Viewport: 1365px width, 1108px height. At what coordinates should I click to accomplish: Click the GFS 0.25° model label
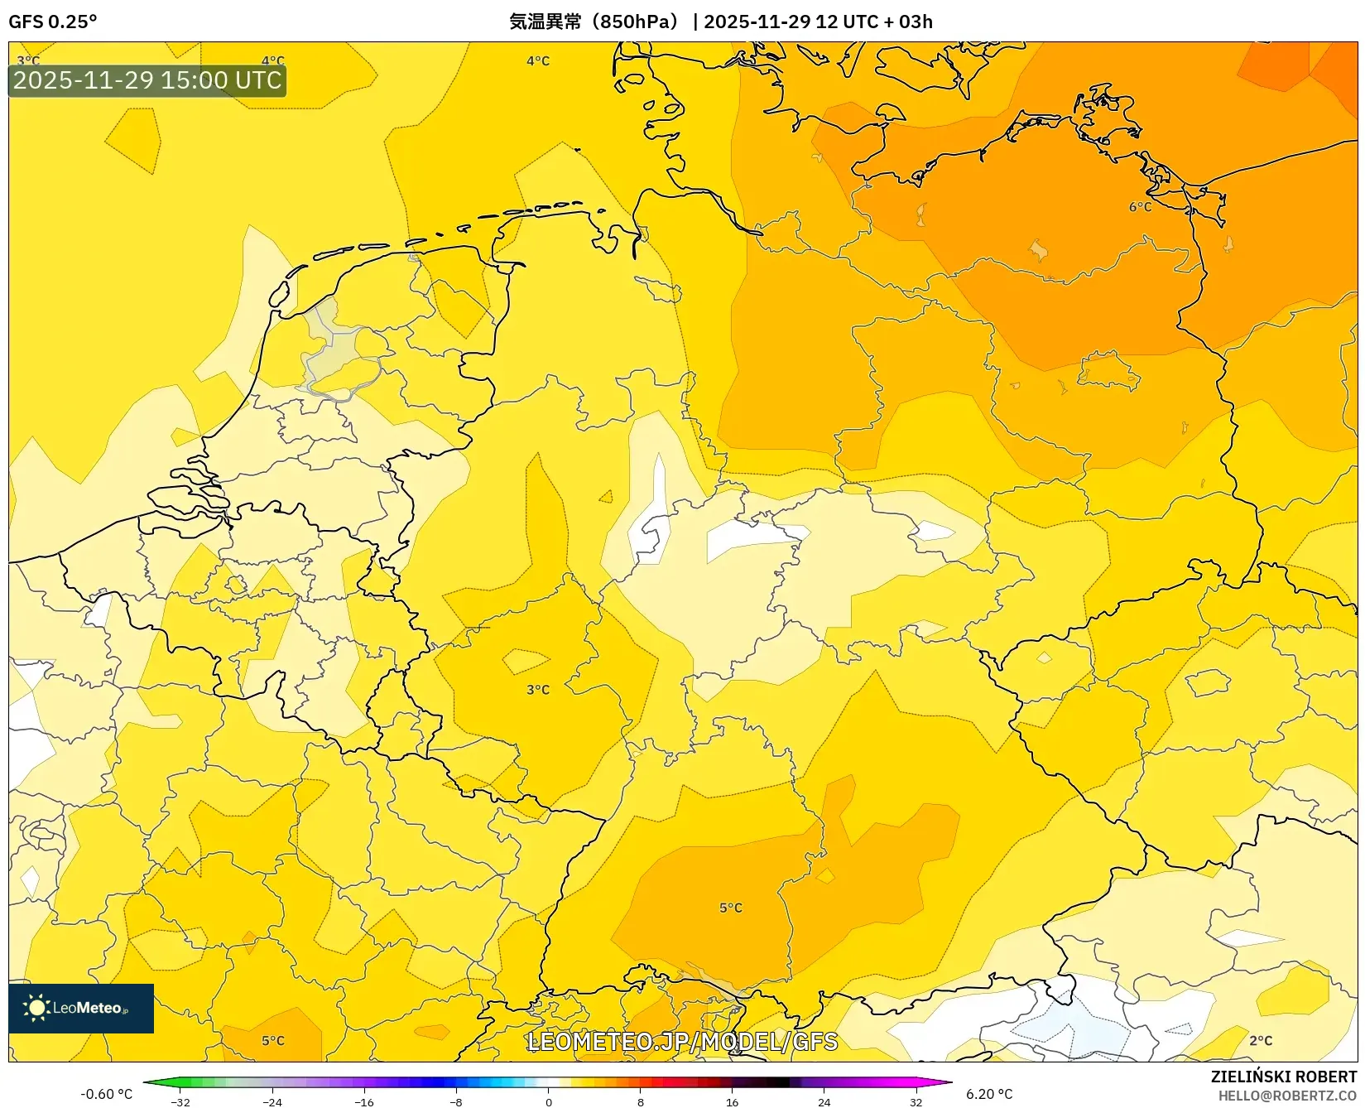coord(52,22)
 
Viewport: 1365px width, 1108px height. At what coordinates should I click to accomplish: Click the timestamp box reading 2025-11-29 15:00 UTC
coord(147,80)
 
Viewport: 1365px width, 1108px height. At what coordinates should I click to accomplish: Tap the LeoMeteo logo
coord(81,1008)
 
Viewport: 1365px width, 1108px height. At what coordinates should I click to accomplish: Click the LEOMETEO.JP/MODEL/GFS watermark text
coord(682,1041)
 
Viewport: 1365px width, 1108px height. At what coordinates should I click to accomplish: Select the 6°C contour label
coord(1140,206)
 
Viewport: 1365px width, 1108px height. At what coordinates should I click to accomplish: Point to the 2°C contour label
coord(1260,1040)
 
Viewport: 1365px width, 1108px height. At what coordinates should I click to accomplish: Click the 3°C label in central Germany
coord(537,689)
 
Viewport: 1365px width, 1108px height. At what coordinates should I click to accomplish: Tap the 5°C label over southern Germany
coord(730,908)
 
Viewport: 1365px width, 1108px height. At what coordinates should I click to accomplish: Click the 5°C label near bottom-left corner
coord(272,1040)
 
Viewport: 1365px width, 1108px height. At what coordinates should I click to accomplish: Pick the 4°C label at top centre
coord(537,60)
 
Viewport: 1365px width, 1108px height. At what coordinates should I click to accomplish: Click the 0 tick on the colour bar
coord(548,1101)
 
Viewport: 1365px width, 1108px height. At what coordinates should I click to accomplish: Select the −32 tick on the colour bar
coord(180,1101)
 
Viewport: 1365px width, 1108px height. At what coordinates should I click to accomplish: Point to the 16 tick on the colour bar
coord(732,1101)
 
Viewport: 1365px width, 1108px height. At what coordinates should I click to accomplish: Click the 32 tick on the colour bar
coord(916,1101)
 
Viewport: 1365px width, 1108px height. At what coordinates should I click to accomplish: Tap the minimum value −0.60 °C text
coord(106,1094)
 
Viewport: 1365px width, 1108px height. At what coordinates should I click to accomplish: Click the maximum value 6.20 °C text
coord(989,1094)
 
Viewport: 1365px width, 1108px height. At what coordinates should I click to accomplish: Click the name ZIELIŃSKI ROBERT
coord(1283,1077)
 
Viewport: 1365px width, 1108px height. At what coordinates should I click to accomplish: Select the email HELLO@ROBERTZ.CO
coord(1287,1096)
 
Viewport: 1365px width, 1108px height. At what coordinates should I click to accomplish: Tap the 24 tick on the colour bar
coord(824,1101)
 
